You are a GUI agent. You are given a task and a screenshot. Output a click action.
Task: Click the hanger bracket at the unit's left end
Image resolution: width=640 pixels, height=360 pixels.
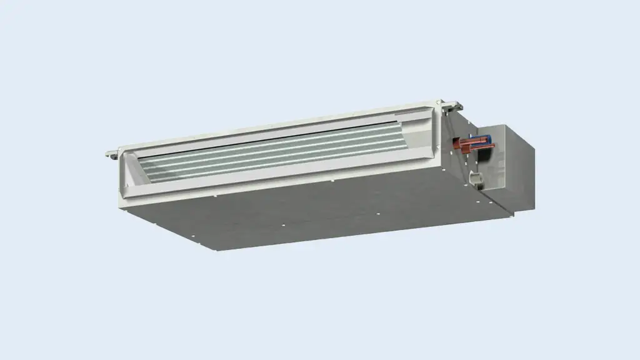pyautogui.click(x=111, y=151)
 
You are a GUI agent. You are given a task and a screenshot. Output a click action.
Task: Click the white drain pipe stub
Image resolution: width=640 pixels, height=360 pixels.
pyautogui.click(x=477, y=179)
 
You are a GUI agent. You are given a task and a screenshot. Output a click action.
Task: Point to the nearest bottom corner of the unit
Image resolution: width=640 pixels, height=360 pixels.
pyautogui.click(x=217, y=251)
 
